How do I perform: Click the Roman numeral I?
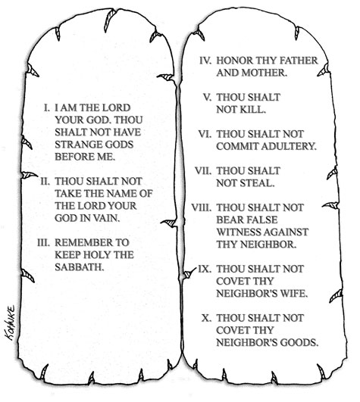(x=46, y=108)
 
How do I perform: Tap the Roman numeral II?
(x=45, y=181)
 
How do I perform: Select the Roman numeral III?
(x=43, y=242)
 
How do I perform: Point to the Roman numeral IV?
(x=205, y=61)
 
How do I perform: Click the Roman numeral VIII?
(x=202, y=207)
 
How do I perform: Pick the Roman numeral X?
(x=207, y=318)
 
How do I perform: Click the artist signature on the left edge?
(x=11, y=323)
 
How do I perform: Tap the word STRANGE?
(x=76, y=145)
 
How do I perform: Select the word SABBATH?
(x=80, y=267)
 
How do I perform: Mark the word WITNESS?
(x=239, y=232)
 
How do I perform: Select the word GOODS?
(x=299, y=342)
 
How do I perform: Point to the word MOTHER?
(x=264, y=73)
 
